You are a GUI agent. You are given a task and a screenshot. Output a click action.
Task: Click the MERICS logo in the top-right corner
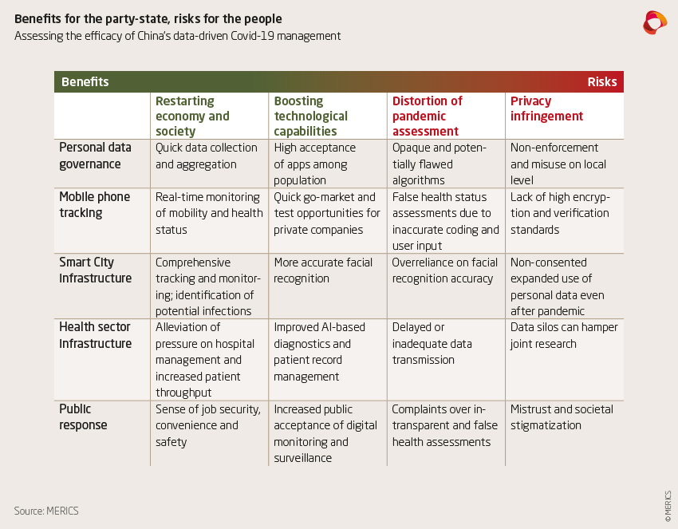654,22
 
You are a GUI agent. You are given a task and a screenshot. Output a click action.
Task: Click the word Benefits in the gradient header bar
85,82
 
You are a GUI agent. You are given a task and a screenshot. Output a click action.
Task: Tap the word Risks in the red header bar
601,82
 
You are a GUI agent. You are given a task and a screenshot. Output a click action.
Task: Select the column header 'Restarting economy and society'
192,116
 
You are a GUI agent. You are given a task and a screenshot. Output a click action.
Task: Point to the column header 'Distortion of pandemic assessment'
428,116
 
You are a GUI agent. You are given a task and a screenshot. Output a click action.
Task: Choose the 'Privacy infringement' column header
546,109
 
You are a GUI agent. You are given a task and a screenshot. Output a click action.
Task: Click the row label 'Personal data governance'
95,156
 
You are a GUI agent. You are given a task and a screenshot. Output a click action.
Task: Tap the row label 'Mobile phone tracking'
94,204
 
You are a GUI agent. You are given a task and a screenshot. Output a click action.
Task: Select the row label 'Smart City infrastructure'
95,270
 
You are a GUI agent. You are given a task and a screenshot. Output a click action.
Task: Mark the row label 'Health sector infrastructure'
95,335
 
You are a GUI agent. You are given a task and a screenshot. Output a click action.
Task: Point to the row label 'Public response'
83,416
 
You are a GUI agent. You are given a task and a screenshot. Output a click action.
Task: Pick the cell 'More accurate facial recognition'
323,270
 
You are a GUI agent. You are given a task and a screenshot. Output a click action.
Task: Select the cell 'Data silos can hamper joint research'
564,335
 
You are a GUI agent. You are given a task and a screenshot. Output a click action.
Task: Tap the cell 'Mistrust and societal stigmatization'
562,416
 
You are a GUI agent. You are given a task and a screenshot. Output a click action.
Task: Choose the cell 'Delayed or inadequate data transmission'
432,343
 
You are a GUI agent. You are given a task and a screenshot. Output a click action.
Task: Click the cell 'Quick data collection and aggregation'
207,156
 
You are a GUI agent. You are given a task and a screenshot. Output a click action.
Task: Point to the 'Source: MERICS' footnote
46,510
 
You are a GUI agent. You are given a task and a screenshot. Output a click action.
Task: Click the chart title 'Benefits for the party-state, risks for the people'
148,18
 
